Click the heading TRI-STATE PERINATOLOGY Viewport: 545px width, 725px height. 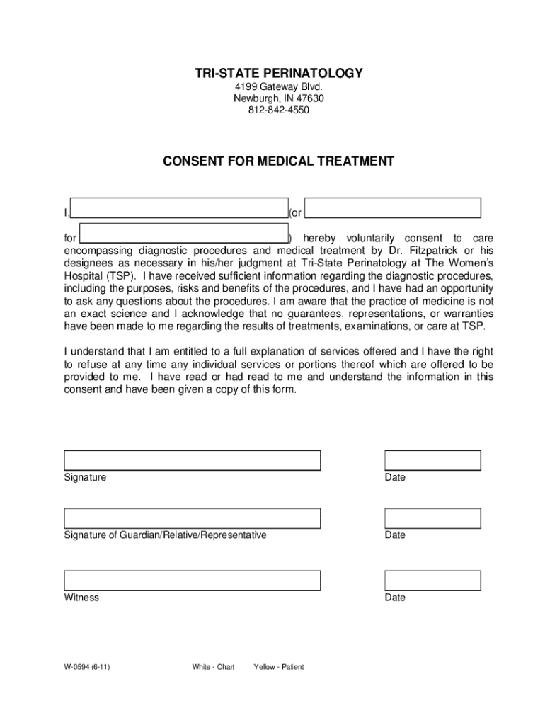279,74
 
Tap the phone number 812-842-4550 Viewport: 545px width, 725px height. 279,110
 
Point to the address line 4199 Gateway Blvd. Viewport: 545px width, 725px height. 279,86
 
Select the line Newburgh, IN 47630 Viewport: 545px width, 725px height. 279,98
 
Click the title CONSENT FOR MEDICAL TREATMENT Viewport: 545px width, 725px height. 279,161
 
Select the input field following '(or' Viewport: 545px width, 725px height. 393,207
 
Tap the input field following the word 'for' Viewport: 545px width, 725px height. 183,233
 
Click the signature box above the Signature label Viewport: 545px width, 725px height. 193,460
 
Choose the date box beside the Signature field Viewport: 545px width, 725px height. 432,460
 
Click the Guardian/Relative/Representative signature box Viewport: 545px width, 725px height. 193,518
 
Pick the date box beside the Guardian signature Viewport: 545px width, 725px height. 432,518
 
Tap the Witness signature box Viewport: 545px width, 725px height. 193,581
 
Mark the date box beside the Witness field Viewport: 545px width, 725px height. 432,581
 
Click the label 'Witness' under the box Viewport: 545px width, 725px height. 81,598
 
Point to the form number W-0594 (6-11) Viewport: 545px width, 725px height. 86,667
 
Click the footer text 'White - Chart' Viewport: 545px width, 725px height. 212,667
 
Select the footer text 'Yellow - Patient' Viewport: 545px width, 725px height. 278,667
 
